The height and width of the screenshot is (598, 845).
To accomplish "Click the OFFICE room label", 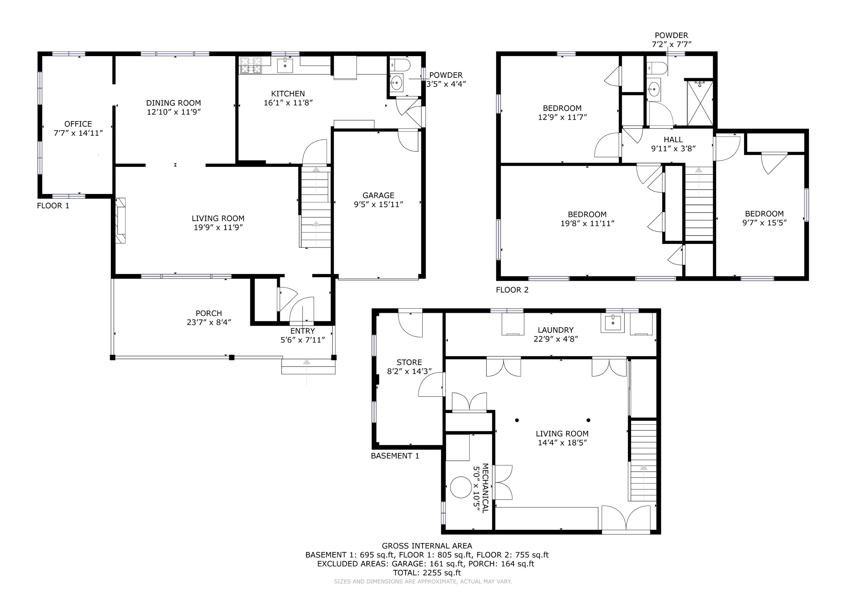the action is pyautogui.click(x=78, y=124).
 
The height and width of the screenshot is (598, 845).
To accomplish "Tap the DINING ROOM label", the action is pyautogui.click(x=173, y=103).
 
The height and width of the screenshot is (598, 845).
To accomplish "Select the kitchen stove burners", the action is pyautogui.click(x=250, y=65).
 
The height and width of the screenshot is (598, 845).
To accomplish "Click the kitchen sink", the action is pyautogui.click(x=285, y=65).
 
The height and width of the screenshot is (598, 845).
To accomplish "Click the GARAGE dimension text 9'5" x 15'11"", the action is pyautogui.click(x=378, y=205).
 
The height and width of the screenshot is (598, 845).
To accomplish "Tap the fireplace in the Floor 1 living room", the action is pyautogui.click(x=120, y=220).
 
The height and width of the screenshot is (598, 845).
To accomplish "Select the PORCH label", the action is pyautogui.click(x=209, y=313).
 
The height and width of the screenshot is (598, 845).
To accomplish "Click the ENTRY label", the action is pyautogui.click(x=303, y=331).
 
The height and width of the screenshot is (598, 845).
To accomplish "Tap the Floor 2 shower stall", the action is pyautogui.click(x=700, y=103).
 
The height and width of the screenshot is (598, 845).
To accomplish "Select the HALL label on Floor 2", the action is pyautogui.click(x=673, y=140).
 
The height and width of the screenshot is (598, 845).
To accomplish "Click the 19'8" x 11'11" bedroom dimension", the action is pyautogui.click(x=587, y=223).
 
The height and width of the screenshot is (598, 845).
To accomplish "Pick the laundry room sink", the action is pyautogui.click(x=613, y=323).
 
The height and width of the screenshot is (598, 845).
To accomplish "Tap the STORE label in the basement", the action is pyautogui.click(x=409, y=362).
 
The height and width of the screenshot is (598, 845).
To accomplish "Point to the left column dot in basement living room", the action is pyautogui.click(x=517, y=420).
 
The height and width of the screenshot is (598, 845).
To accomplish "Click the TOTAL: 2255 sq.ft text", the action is pyautogui.click(x=427, y=573).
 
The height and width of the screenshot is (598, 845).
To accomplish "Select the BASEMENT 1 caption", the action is pyautogui.click(x=395, y=456).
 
